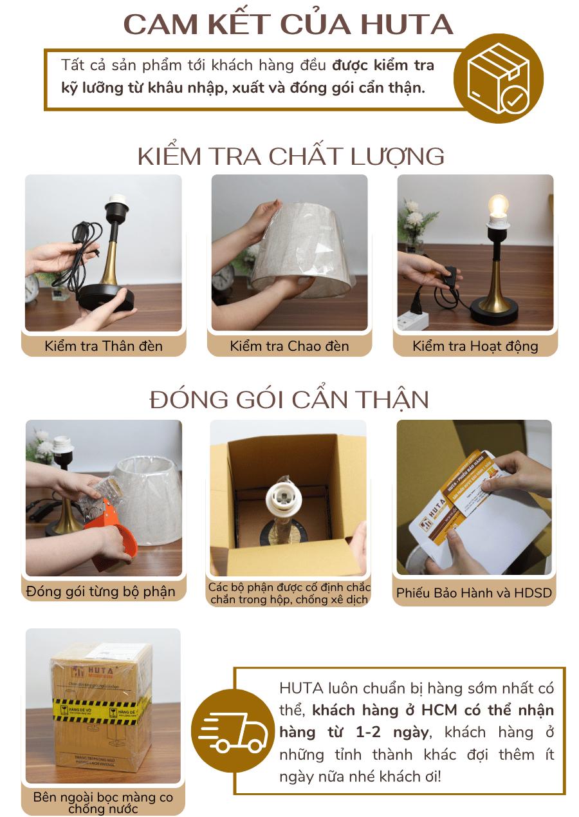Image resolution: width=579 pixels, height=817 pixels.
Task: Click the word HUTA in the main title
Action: click(x=407, y=24)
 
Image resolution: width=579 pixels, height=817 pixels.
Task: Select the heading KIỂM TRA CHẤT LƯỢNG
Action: click(x=291, y=156)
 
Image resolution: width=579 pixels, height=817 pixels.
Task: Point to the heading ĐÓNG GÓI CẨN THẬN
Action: click(x=289, y=400)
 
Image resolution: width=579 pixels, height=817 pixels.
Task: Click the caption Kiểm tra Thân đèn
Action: click(x=104, y=346)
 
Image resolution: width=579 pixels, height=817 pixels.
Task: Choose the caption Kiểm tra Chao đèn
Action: click(x=289, y=346)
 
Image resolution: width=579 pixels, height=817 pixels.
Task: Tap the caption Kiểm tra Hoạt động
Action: click(x=475, y=346)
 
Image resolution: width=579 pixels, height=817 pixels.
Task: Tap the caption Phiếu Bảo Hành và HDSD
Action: click(x=474, y=593)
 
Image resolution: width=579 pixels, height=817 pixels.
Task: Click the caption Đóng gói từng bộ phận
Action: click(x=101, y=592)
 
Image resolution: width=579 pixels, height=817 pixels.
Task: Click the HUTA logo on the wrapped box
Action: click(x=96, y=670)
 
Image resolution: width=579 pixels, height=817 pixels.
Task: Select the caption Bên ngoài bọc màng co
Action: click(x=103, y=798)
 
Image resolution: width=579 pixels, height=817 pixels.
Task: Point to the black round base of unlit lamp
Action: click(x=106, y=300)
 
